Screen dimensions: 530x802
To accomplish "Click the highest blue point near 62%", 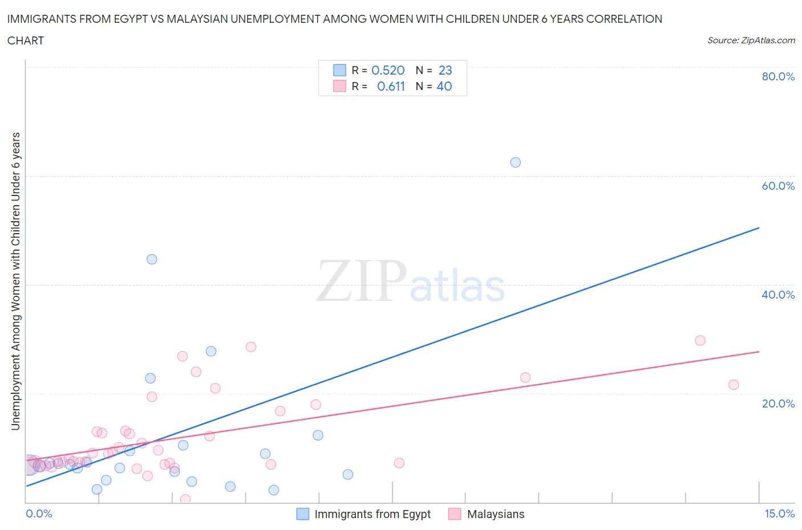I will click(x=515, y=162).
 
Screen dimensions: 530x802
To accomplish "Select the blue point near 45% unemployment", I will click(x=152, y=259).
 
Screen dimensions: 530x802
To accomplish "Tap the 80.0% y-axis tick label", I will click(x=777, y=76).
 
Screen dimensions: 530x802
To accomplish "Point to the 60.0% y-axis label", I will click(x=777, y=186).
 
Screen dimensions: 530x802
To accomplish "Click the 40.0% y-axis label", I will click(x=777, y=295).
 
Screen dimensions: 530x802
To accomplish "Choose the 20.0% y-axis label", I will click(x=777, y=403).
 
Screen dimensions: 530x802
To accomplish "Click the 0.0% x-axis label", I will click(x=39, y=513).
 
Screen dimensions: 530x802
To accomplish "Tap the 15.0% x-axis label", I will click(x=779, y=513).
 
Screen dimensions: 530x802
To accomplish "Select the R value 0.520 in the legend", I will click(x=388, y=70).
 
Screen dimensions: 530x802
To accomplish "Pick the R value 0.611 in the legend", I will click(x=391, y=86).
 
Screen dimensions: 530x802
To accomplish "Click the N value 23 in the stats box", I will click(x=445, y=70).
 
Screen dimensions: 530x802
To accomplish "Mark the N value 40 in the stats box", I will click(x=444, y=86).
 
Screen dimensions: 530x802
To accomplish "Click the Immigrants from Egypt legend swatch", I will click(x=303, y=514).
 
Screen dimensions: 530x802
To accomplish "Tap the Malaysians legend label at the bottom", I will click(x=495, y=514).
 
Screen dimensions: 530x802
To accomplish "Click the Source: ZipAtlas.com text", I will click(x=751, y=40).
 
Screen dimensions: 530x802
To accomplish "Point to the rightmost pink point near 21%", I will click(x=734, y=385).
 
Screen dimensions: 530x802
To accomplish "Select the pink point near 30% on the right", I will click(x=700, y=340).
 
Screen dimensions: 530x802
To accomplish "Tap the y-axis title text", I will click(x=16, y=281).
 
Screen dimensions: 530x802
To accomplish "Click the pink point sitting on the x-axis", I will click(x=185, y=499).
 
